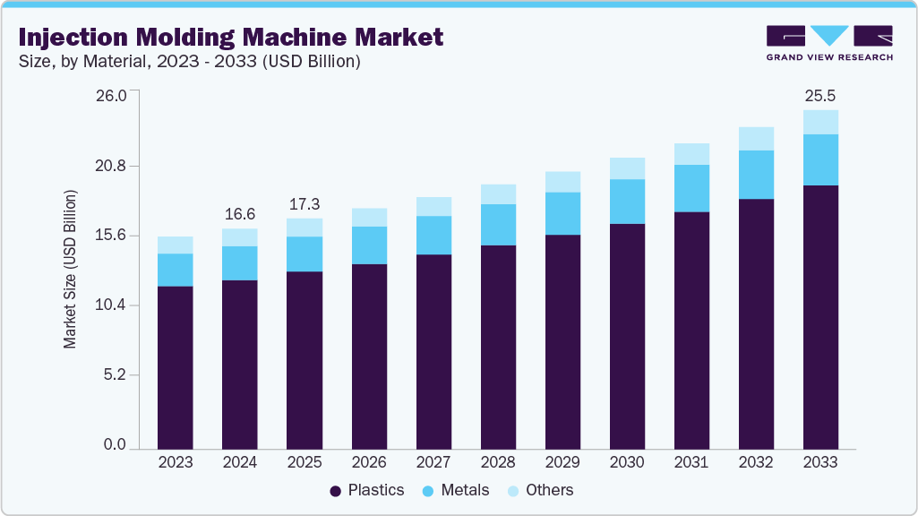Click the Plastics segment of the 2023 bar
[175, 367]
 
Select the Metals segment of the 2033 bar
[820, 159]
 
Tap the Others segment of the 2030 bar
[627, 168]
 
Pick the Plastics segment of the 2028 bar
[498, 347]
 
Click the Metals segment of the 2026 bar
[369, 245]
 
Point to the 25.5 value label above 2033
[820, 95]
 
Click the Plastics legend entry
[367, 490]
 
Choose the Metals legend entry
[456, 490]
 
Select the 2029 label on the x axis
[562, 462]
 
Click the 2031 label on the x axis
[691, 462]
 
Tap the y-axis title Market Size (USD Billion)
[71, 270]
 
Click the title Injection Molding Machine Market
[230, 37]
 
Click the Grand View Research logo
[829, 43]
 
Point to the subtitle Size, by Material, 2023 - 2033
[189, 62]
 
